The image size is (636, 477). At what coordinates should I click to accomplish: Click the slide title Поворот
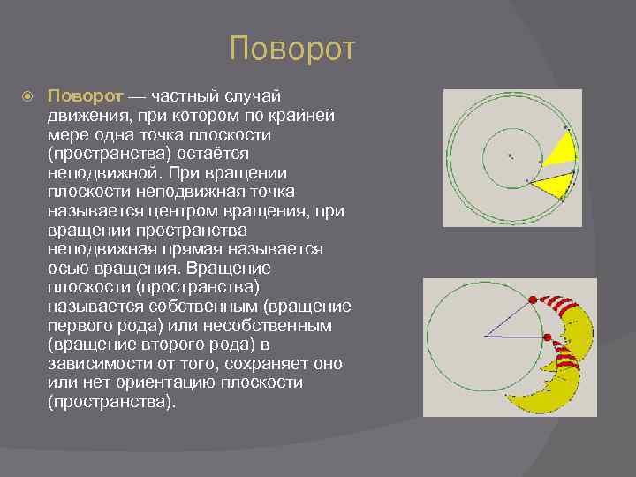tap(291, 49)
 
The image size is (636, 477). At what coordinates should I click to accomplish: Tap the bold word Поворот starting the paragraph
tap(84, 95)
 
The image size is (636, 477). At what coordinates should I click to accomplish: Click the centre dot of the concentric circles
tap(510, 156)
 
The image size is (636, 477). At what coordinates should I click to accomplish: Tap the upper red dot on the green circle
tap(534, 301)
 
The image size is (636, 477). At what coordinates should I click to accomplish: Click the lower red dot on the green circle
tap(548, 337)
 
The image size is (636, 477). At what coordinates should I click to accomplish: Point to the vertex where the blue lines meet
tap(485, 337)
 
